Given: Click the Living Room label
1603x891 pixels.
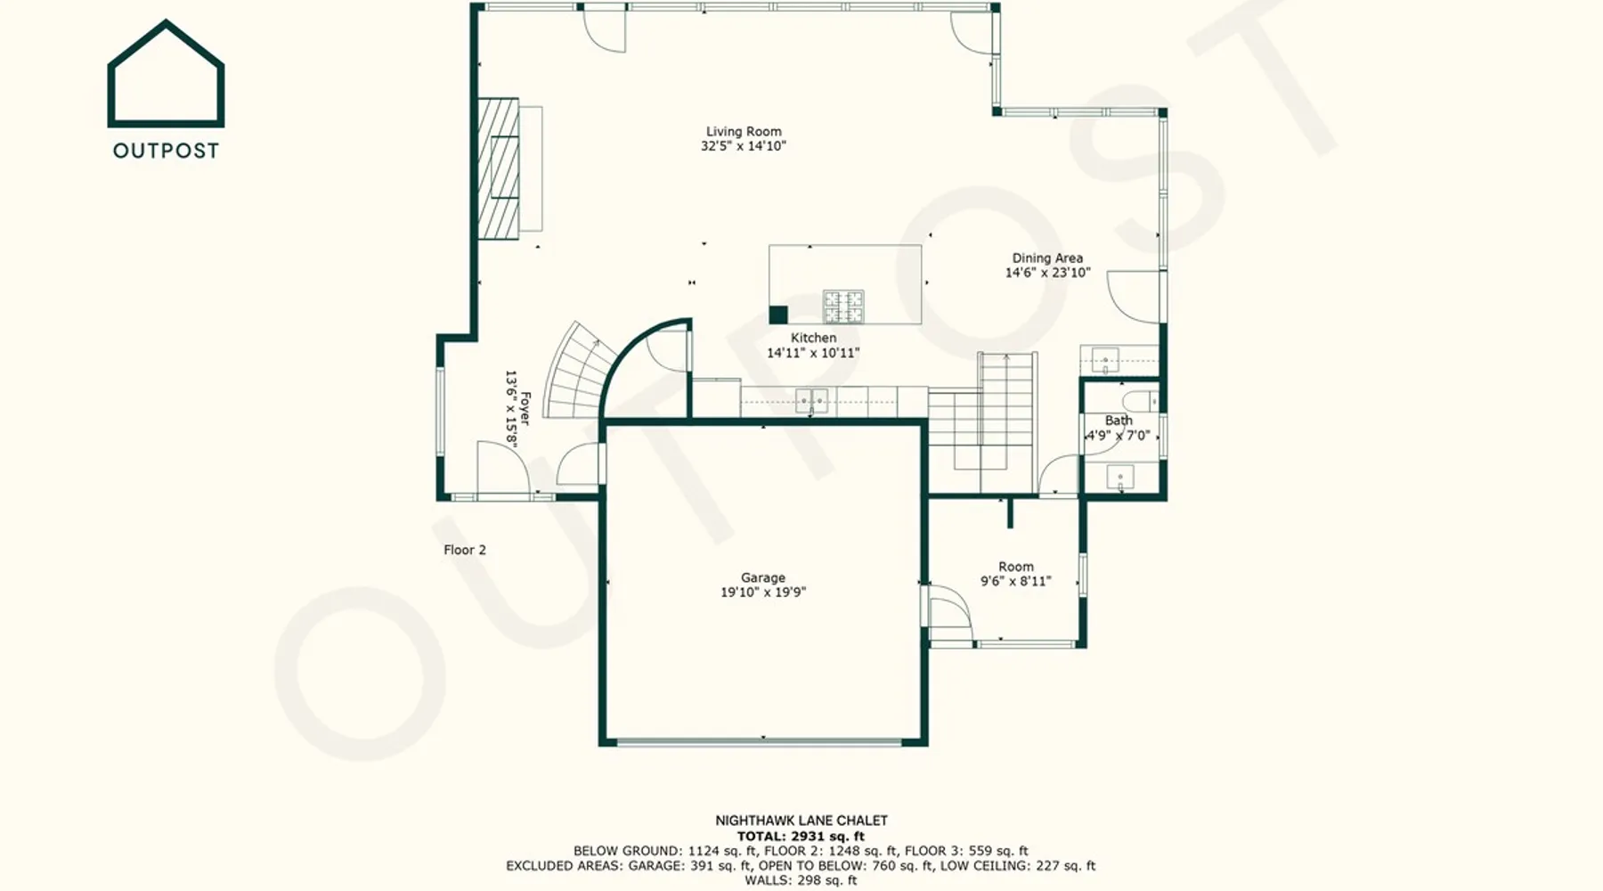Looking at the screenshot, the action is [744, 132].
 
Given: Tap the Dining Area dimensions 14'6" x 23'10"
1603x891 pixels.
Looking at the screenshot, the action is [1047, 273].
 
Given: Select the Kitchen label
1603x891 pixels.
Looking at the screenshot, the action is [813, 338].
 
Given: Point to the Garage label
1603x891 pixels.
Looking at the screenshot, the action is [763, 577].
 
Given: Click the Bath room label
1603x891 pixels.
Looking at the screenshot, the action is [1119, 421].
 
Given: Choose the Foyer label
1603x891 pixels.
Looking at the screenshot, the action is [525, 409].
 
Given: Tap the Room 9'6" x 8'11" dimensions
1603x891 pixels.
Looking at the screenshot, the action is [1016, 581].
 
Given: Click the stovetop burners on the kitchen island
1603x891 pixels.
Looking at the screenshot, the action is [842, 307].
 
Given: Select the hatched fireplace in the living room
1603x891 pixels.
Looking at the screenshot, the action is [499, 168].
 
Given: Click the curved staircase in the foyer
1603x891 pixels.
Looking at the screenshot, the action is [579, 371].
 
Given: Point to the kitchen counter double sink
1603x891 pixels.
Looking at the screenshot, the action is [811, 401].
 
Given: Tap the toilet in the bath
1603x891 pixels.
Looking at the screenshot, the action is [1139, 399].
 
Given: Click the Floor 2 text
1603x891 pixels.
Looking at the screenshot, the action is [465, 550].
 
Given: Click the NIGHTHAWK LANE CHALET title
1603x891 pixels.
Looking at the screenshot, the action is [801, 821].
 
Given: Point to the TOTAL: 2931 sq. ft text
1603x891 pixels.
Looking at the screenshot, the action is [801, 836].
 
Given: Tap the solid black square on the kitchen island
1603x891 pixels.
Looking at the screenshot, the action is [778, 315].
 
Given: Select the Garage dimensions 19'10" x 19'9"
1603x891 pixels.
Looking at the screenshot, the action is [763, 592].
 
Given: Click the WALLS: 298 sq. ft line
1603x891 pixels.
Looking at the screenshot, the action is [801, 880].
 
